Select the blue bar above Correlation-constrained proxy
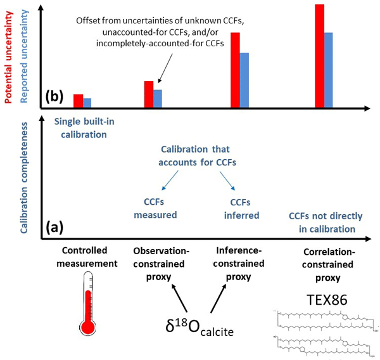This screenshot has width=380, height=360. [x=328, y=69]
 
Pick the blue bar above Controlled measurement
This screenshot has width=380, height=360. [x=87, y=102]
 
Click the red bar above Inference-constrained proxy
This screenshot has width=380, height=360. [x=235, y=69]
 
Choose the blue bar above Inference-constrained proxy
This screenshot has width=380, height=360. [x=244, y=79]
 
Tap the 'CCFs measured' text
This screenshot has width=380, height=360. [x=156, y=209]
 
